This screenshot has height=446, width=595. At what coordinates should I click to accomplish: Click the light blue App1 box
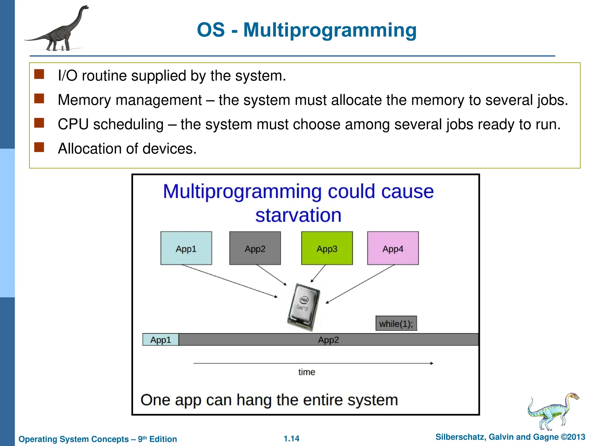186,248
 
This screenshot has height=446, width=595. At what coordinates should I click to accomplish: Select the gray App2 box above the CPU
255,248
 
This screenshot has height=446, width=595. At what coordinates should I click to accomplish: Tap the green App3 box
327,248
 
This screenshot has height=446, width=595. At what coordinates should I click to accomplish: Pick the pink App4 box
393,248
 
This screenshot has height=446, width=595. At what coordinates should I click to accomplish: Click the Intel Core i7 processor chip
303,307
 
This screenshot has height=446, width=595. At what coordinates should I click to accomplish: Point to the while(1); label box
396,323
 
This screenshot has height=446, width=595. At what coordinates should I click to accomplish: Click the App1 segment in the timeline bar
161,340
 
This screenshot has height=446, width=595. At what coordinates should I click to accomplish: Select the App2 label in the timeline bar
328,340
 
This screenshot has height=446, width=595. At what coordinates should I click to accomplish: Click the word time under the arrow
307,372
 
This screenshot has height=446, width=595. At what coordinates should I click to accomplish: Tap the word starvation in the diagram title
298,215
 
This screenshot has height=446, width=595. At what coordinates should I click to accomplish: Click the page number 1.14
291,438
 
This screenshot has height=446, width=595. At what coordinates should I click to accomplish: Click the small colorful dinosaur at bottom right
552,411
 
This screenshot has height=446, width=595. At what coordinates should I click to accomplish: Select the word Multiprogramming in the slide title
330,30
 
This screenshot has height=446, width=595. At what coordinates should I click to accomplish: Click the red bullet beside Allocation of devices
39,147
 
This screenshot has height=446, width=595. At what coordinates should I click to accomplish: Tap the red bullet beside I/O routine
39,74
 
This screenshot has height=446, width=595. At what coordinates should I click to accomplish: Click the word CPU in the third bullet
73,124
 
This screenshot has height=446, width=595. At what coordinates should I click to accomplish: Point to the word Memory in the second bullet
84,100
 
